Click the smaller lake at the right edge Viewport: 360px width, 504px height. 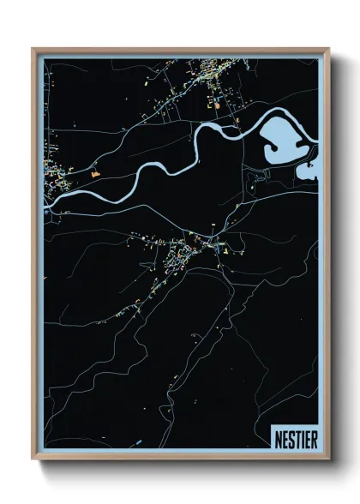(308, 170)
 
